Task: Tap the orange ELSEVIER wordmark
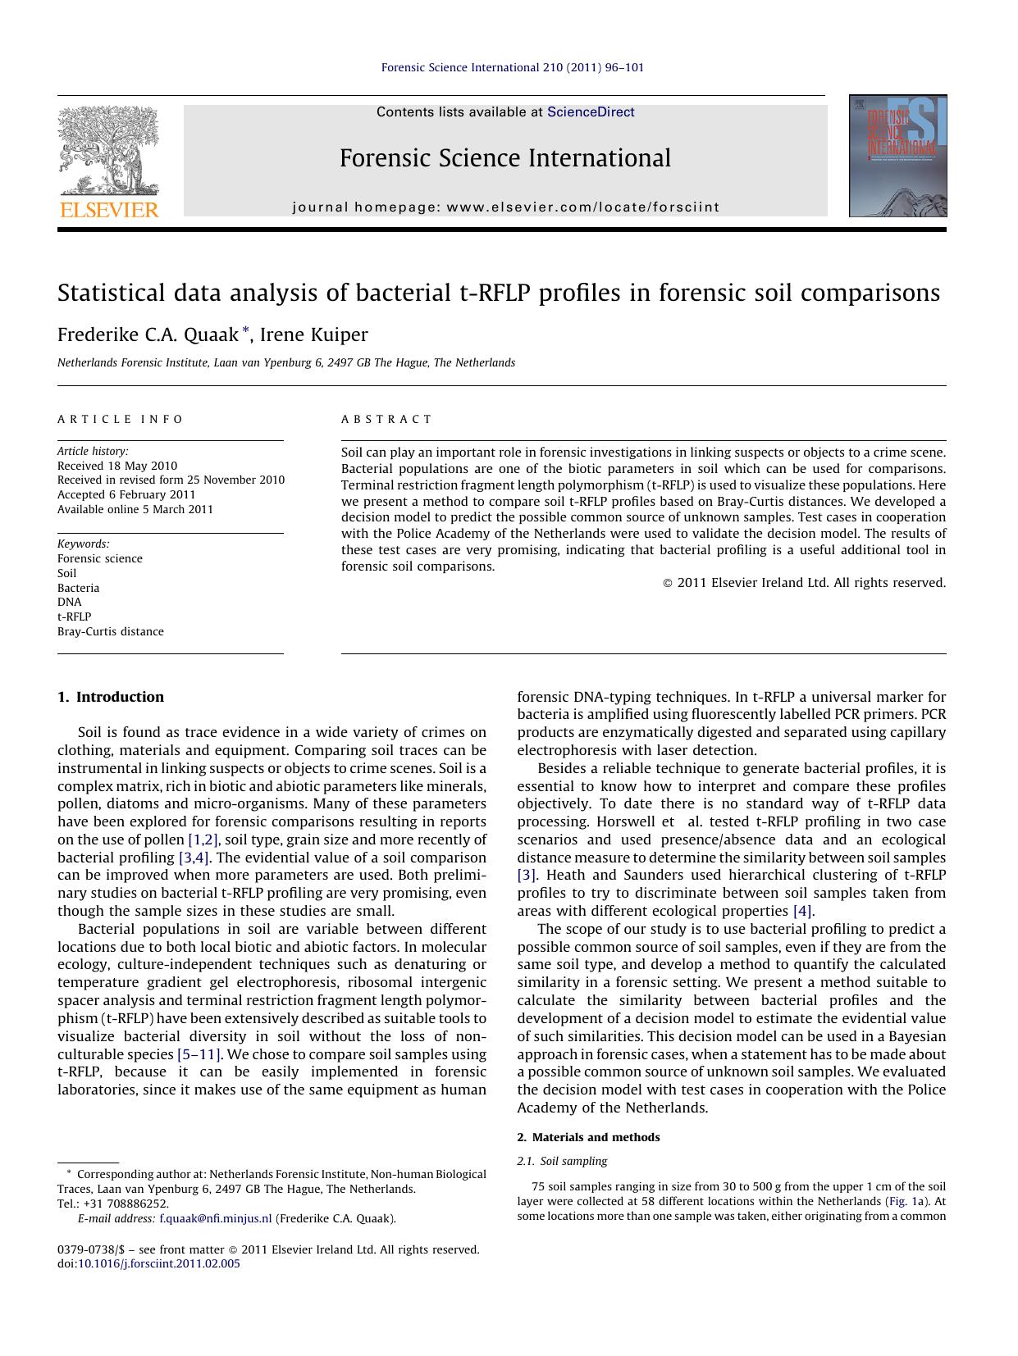point(109,210)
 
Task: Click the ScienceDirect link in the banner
point(591,112)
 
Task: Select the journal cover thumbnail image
point(897,156)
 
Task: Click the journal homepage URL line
point(505,207)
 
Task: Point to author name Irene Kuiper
point(314,334)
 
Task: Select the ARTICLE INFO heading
point(121,419)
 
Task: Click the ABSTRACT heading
point(386,419)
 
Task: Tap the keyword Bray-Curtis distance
point(111,631)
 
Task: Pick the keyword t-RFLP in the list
point(74,617)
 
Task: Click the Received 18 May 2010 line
point(117,466)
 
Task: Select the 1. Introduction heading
point(111,697)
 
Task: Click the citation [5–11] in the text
point(199,1054)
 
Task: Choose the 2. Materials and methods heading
point(588,1137)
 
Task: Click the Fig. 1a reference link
point(907,1201)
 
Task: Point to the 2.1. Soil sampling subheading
point(562,1161)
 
